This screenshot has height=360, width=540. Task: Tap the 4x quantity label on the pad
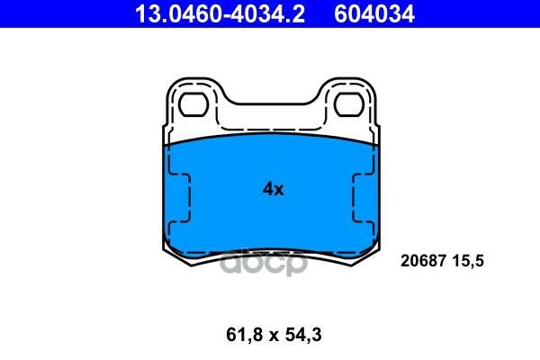273,189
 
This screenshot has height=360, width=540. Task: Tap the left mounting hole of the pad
193,106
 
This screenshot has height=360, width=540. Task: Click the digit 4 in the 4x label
267,189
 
